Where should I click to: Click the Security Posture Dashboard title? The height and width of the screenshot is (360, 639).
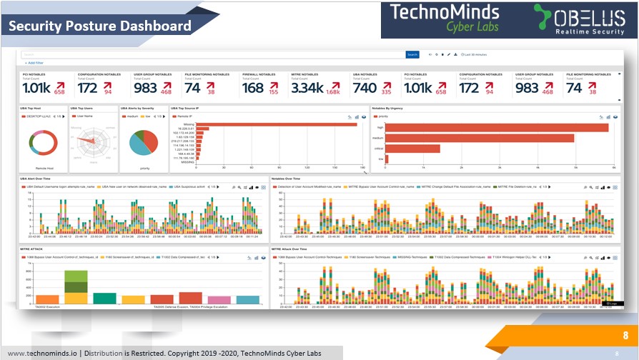(x=100, y=26)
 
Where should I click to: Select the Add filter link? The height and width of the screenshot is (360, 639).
(x=34, y=63)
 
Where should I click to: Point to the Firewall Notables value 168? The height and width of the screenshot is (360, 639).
(x=253, y=88)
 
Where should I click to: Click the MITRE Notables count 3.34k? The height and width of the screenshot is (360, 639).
(x=307, y=88)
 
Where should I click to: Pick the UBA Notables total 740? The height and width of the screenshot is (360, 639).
(x=365, y=88)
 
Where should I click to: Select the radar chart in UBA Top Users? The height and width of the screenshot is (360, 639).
(x=93, y=142)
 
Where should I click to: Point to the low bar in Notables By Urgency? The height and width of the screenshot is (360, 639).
(x=387, y=159)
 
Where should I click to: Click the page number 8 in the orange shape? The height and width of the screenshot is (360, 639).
(x=625, y=335)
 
